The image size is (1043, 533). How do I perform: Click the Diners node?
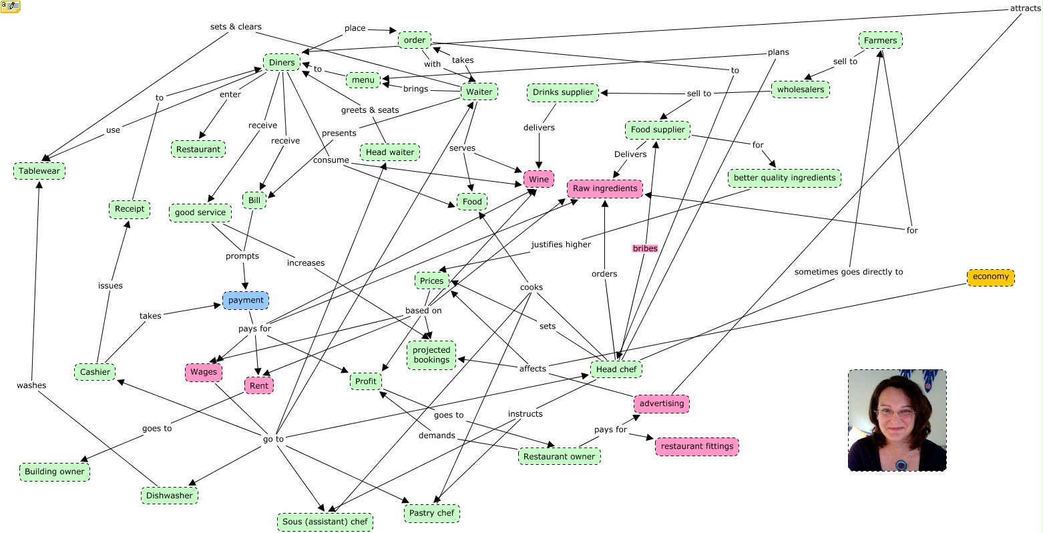(x=282, y=62)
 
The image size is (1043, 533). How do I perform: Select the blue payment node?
(x=246, y=301)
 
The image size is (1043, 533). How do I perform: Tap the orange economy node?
(x=990, y=277)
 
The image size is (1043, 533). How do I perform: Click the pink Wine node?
(x=539, y=180)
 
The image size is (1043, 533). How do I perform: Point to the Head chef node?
(x=616, y=369)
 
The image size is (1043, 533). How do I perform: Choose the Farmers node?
(x=880, y=41)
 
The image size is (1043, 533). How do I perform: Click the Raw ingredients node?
(x=605, y=189)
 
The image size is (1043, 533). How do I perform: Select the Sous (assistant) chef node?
(x=325, y=522)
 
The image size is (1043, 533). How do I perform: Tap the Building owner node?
(x=55, y=472)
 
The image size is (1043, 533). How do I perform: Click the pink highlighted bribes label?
(x=645, y=248)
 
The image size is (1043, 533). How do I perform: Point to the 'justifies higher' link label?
(x=561, y=244)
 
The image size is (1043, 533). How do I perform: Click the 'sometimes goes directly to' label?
(x=849, y=272)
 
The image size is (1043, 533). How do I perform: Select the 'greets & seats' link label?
(x=370, y=110)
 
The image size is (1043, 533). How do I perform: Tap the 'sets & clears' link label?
(x=236, y=27)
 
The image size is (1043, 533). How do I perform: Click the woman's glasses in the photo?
(x=895, y=413)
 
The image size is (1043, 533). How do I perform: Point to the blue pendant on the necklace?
(x=901, y=465)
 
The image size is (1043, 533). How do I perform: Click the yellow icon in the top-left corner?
(x=10, y=7)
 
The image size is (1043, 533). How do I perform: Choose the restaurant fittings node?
(x=696, y=446)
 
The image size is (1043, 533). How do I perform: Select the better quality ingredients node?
(x=784, y=178)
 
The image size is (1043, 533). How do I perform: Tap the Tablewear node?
(x=39, y=171)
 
